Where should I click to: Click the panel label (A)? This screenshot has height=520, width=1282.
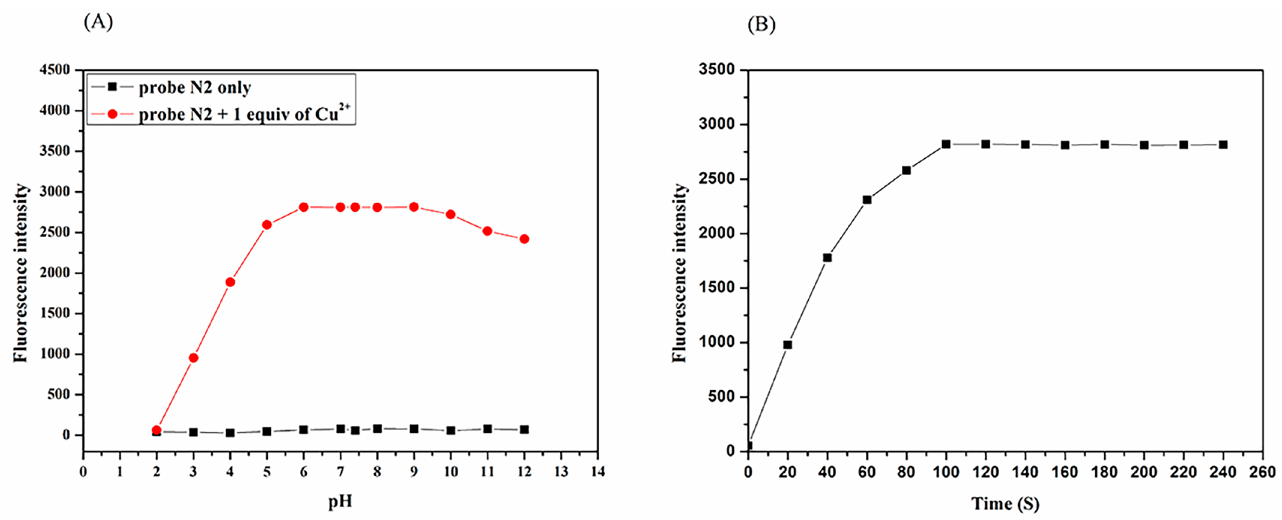pyautogui.click(x=98, y=22)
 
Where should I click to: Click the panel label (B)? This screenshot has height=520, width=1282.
pyautogui.click(x=761, y=24)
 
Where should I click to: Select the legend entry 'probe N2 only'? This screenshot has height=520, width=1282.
pyautogui.click(x=194, y=88)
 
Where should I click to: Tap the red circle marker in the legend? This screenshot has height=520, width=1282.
pyautogui.click(x=112, y=114)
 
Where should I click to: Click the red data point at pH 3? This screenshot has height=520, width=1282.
pyautogui.click(x=194, y=358)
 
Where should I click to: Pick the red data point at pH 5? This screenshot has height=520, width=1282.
pyautogui.click(x=267, y=225)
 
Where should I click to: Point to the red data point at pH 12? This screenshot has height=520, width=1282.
pyautogui.click(x=524, y=239)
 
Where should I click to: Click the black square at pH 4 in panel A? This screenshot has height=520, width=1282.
pyautogui.click(x=230, y=433)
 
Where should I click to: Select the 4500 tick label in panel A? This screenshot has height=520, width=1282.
pyautogui.click(x=55, y=70)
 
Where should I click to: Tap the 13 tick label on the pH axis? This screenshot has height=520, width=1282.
pyautogui.click(x=561, y=471)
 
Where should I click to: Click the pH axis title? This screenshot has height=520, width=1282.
pyautogui.click(x=340, y=501)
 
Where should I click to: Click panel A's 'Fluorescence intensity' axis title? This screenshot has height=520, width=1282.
pyautogui.click(x=21, y=273)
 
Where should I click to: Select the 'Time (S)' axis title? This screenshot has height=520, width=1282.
pyautogui.click(x=1005, y=504)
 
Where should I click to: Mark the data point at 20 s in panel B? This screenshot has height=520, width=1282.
pyautogui.click(x=787, y=345)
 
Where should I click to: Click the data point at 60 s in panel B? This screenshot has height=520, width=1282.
pyautogui.click(x=867, y=200)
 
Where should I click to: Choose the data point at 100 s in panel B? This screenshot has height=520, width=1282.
pyautogui.click(x=946, y=144)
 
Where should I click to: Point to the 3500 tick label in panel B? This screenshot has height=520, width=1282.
pyautogui.click(x=716, y=69)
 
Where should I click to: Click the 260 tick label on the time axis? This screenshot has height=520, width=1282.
pyautogui.click(x=1262, y=472)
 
